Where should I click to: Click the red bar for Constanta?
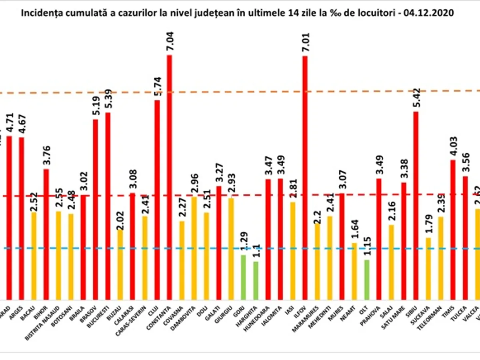pyautogui.click(x=170, y=176)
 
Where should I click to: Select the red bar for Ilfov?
pyautogui.click(x=305, y=176)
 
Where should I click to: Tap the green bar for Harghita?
pyautogui.click(x=256, y=280)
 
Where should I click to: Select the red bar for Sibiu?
pyautogui.click(x=416, y=204)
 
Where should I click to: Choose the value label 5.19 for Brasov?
pyautogui.click(x=96, y=106)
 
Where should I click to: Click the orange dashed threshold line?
pyautogui.click(x=240, y=92)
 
